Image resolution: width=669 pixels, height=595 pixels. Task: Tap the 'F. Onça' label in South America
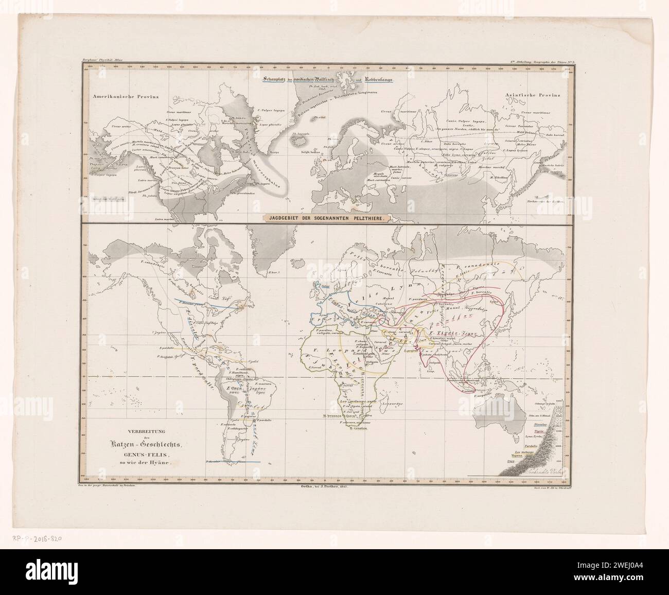pos(234,387)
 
